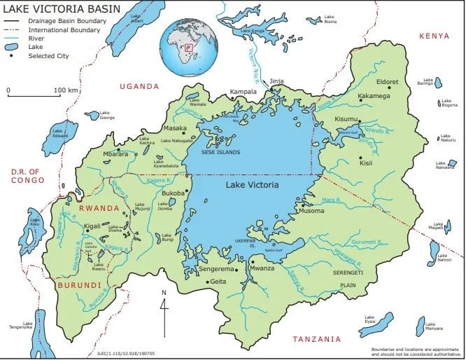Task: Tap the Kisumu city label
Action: point(346,119)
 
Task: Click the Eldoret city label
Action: point(387,82)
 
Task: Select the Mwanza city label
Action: point(263,268)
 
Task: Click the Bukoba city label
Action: point(173,193)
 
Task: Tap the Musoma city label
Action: point(311,210)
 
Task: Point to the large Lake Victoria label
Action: point(252,185)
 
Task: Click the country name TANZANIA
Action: point(317,339)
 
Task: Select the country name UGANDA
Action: point(139,85)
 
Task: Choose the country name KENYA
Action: point(434,36)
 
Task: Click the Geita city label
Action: point(220,282)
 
